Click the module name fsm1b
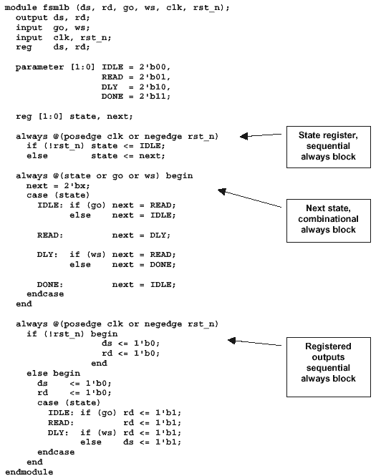click(59, 7)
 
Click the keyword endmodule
click(29, 472)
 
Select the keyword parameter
click(40, 67)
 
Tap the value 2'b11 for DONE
click(153, 96)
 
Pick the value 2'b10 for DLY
click(153, 87)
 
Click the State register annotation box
click(329, 147)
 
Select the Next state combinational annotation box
click(329, 220)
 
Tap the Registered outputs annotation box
click(329, 366)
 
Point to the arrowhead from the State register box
click(243, 136)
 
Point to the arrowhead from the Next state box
click(221, 191)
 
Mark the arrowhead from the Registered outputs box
click(231, 341)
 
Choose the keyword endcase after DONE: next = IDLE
click(45, 294)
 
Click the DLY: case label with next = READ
click(47, 254)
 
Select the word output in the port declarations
click(32, 18)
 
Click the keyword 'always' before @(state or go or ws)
click(32, 176)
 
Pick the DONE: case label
click(50, 284)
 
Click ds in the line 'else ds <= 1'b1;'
click(128, 442)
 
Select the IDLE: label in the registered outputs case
click(61, 412)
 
